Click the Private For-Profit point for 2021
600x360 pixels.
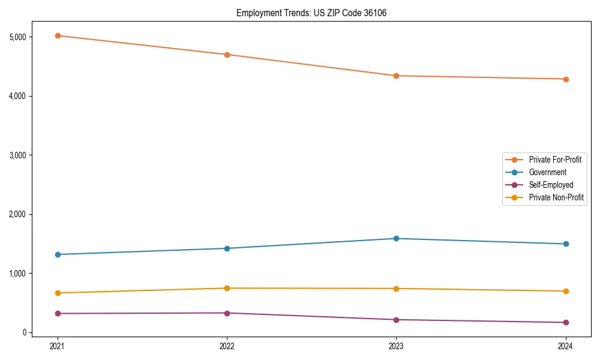pyautogui.click(x=58, y=35)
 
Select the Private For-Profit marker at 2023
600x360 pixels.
pyautogui.click(x=396, y=76)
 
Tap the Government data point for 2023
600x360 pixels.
pyautogui.click(x=396, y=238)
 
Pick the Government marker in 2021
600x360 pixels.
pyautogui.click(x=58, y=254)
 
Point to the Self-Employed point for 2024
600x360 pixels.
pyautogui.click(x=565, y=322)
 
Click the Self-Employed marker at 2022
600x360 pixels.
pyautogui.click(x=227, y=313)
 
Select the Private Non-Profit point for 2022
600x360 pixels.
pyautogui.click(x=227, y=288)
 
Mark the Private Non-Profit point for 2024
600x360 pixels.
pyautogui.click(x=565, y=291)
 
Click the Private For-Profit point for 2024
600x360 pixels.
pyautogui.click(x=565, y=79)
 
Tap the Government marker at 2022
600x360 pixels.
pyautogui.click(x=227, y=248)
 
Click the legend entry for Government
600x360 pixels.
pyautogui.click(x=547, y=172)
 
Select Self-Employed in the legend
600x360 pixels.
pyautogui.click(x=551, y=185)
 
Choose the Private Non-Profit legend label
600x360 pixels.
pyautogui.click(x=556, y=197)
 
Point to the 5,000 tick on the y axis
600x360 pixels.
pyautogui.click(x=18, y=37)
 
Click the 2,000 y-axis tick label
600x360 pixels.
pyautogui.click(x=18, y=214)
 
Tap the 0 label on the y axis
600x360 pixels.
pyautogui.click(x=25, y=332)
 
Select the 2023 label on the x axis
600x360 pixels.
pyautogui.click(x=396, y=346)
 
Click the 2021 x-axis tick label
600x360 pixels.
pyautogui.click(x=58, y=346)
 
